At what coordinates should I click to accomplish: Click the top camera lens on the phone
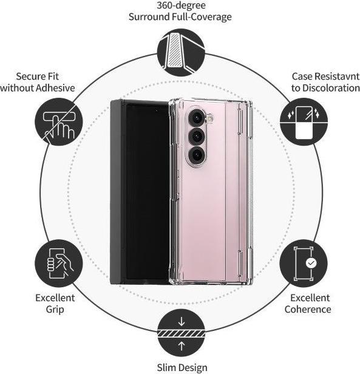[x=196, y=117]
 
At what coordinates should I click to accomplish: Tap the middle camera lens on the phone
[x=196, y=137]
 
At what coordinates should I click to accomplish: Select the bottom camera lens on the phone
[x=196, y=155]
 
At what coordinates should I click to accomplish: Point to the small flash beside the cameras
[x=210, y=118]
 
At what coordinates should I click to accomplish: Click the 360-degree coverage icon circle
[x=181, y=52]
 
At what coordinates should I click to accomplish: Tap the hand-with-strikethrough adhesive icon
[x=59, y=122]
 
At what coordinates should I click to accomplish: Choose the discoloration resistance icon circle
[x=304, y=122]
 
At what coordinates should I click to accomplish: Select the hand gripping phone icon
[x=59, y=263]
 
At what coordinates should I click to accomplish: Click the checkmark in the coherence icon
[x=311, y=263]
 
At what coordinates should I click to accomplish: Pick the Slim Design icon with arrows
[x=181, y=333]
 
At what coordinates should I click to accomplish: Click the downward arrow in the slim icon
[x=182, y=321]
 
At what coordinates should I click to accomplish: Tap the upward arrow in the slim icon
[x=182, y=346]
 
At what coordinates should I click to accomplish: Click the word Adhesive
[x=55, y=88]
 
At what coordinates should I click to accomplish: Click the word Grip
[x=55, y=310]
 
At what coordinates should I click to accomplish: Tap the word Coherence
[x=308, y=310]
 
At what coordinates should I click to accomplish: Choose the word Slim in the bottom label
[x=166, y=367]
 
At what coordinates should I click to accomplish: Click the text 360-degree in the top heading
[x=181, y=5]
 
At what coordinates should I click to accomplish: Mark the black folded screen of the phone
[x=147, y=192]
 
